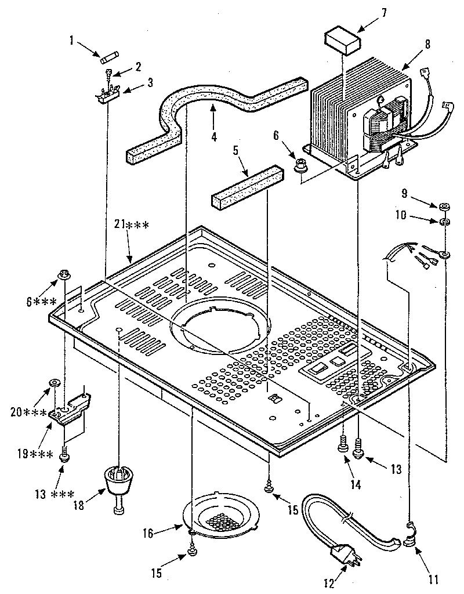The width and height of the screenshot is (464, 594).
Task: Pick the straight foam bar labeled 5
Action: coord(246,188)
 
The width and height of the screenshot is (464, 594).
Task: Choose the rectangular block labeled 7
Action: coord(341,42)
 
